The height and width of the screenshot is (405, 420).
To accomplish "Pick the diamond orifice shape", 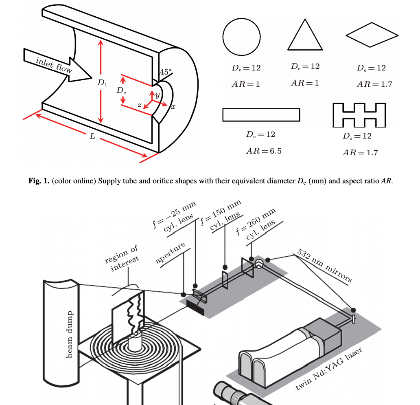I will coord(371,35).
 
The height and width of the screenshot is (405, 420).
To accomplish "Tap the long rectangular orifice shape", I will coord(261,114).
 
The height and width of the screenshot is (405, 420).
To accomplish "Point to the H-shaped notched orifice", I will coord(359,114).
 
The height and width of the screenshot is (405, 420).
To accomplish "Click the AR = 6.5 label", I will coord(263,151).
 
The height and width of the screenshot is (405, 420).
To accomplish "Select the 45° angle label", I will coord(166,72).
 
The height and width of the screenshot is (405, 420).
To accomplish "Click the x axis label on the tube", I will coord(173,107).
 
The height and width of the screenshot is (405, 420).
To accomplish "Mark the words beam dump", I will coord(69,334).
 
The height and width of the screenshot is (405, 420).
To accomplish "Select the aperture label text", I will coord(171,252).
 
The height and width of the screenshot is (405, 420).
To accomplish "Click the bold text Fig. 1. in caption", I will coord(39,181).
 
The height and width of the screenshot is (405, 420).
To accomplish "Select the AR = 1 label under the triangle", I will coord(305,83).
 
